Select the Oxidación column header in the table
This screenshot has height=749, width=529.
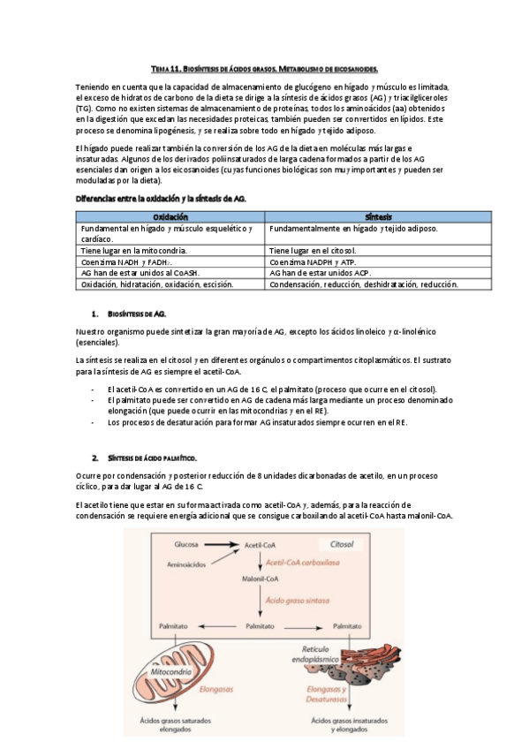pos(170,216)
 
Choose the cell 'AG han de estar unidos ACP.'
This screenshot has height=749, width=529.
pos(320,274)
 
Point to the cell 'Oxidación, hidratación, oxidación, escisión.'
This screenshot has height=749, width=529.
pos(157,285)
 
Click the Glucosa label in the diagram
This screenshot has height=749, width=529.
pos(186,544)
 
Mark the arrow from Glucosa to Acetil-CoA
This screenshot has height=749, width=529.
pos(221,544)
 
